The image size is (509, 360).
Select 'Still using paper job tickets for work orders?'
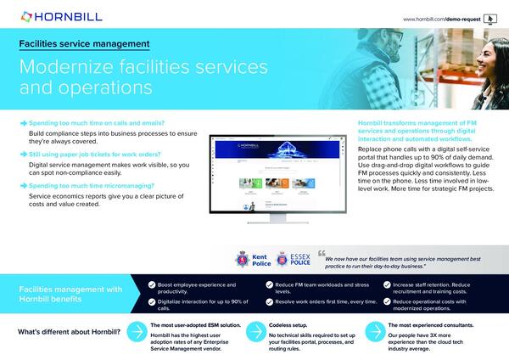[x=98, y=155]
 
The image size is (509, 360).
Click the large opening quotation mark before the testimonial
[x=322, y=253]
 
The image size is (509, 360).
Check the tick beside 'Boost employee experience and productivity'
[x=152, y=285]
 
